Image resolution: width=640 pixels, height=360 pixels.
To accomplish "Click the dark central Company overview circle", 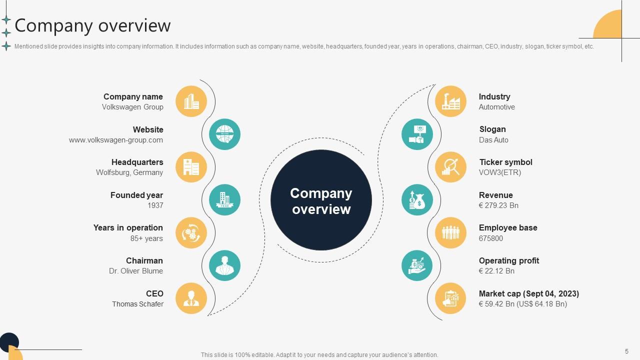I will point(321,200).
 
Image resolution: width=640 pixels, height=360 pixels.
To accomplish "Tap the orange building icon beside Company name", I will point(191,101).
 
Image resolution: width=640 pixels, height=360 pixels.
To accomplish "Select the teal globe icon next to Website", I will point(224,134).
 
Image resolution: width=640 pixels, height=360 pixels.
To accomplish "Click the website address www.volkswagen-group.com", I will point(116,140).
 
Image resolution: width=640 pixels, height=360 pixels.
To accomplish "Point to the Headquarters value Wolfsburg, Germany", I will point(129,172).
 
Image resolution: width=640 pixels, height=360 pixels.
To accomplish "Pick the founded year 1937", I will point(155,205).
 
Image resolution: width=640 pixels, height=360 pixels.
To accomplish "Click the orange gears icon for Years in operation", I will point(191,232).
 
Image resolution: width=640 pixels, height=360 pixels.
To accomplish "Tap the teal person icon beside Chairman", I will point(224,265).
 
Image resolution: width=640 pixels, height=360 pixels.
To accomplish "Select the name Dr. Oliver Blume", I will point(136,271).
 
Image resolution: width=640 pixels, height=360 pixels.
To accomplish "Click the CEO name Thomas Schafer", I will point(137,304).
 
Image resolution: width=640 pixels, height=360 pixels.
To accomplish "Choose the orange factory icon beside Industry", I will point(450,101).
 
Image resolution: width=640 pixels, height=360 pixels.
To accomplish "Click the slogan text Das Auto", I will point(493,140).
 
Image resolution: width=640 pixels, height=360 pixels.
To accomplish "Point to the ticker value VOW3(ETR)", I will point(500,172).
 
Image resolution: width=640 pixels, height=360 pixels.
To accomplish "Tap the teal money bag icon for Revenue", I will point(417,200).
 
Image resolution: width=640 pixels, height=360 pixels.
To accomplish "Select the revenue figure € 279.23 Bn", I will point(498,205).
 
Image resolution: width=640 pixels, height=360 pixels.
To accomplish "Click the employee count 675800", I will point(491,238).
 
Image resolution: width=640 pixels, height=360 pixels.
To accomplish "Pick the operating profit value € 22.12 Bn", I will point(496,271).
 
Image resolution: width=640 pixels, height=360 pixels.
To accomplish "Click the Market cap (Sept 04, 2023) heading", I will point(529,293).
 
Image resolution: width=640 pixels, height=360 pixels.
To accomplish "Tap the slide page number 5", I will point(626,351).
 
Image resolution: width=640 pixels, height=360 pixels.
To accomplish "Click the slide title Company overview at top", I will point(93,25).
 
